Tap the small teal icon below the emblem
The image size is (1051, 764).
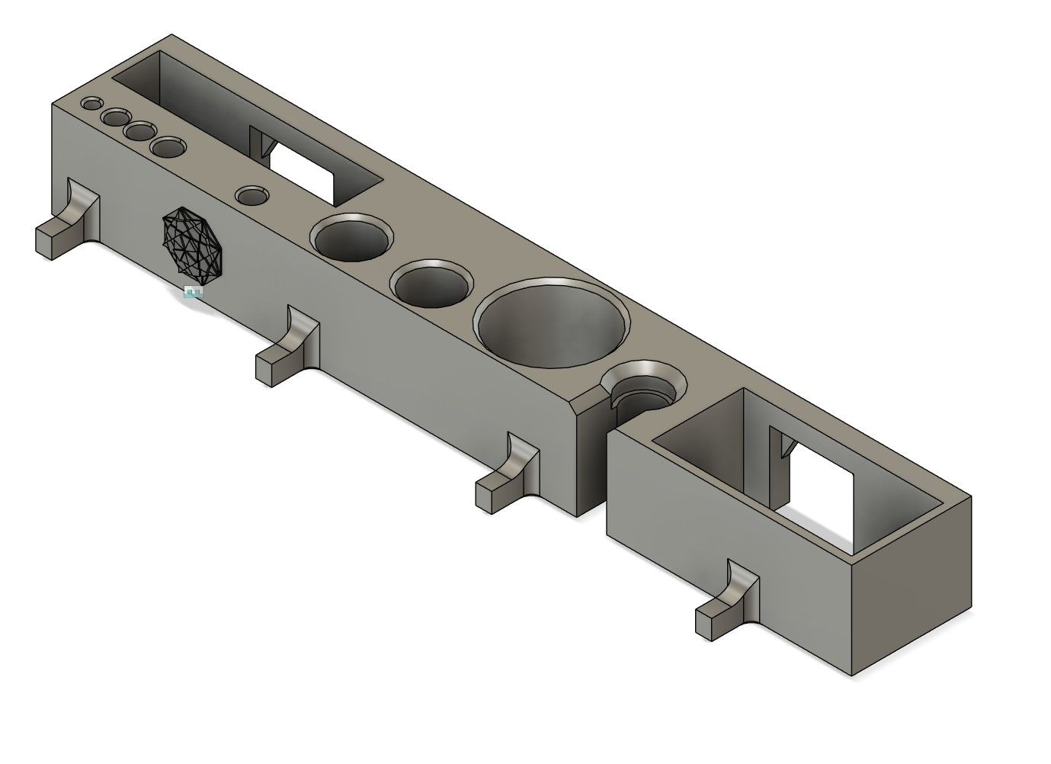point(194,292)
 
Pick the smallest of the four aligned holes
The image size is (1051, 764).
point(92,103)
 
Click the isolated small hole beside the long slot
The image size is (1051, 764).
point(252,196)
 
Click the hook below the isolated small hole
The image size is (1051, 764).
point(288,347)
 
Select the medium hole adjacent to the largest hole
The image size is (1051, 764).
point(431,284)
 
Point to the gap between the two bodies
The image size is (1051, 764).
point(602,473)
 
